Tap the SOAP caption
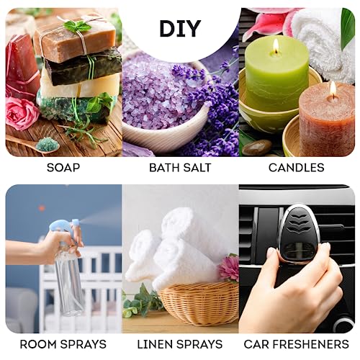pos(63,168)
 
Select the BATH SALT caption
pos(180,168)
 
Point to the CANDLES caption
pos(296,168)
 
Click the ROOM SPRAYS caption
pos(63,344)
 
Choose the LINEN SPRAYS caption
pos(180,344)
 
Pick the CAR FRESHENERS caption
pos(296,344)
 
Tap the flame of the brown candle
pos(332,89)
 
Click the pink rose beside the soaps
pos(22,113)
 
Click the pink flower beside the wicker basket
pos(229,268)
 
